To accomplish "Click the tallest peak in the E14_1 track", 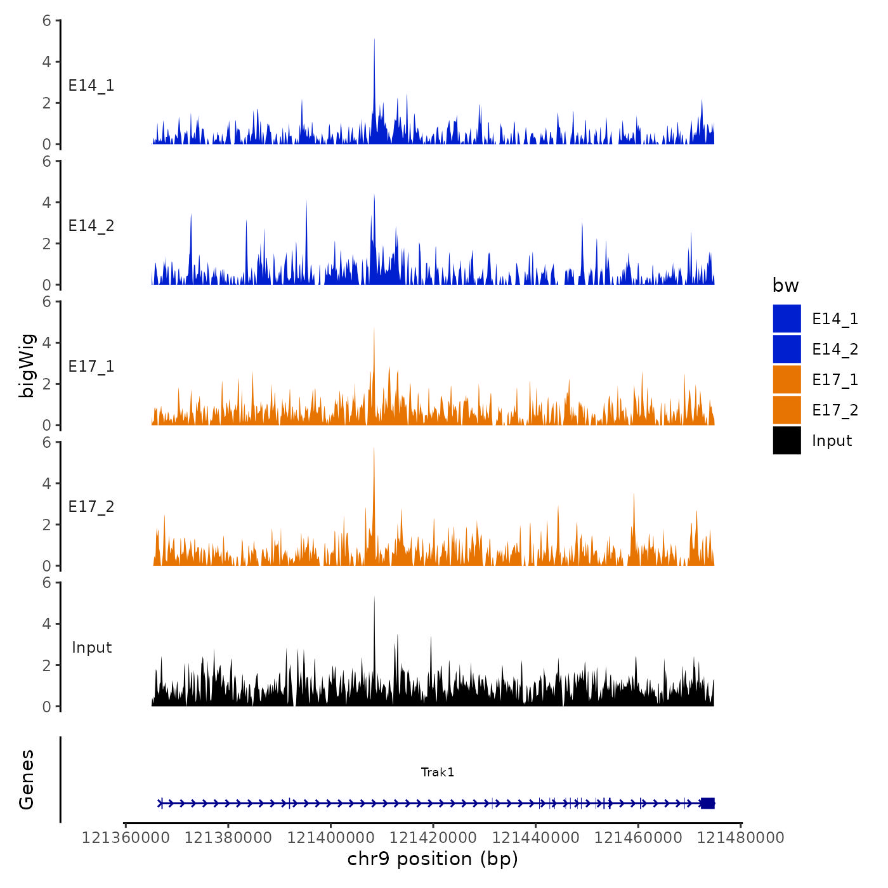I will coord(374,41).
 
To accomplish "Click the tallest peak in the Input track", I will coord(374,599).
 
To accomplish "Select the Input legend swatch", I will coord(787,440).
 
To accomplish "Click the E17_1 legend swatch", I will coord(787,379).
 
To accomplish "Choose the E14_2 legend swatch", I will coord(787,349).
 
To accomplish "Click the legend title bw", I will coord(785,286).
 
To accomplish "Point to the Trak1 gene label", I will coord(438,772).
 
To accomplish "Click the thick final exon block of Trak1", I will coord(707,803).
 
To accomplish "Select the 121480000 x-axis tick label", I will coord(741,838).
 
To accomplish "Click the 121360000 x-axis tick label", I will coord(126,838).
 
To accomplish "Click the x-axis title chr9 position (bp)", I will coord(433,859).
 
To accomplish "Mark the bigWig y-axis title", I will coord(27,365).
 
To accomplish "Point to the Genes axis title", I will coord(27,780).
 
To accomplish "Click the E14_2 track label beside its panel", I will coord(91,226).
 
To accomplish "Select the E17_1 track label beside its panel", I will coord(91,367).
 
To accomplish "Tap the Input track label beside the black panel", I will coord(91,648).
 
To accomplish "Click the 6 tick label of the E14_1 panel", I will coord(47,21).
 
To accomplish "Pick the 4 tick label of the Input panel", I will coord(47,624).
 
